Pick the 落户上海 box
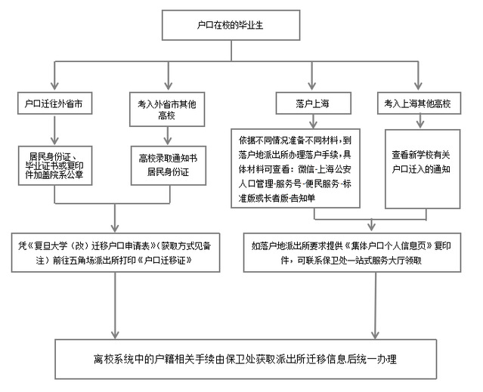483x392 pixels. [x=313, y=102]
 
